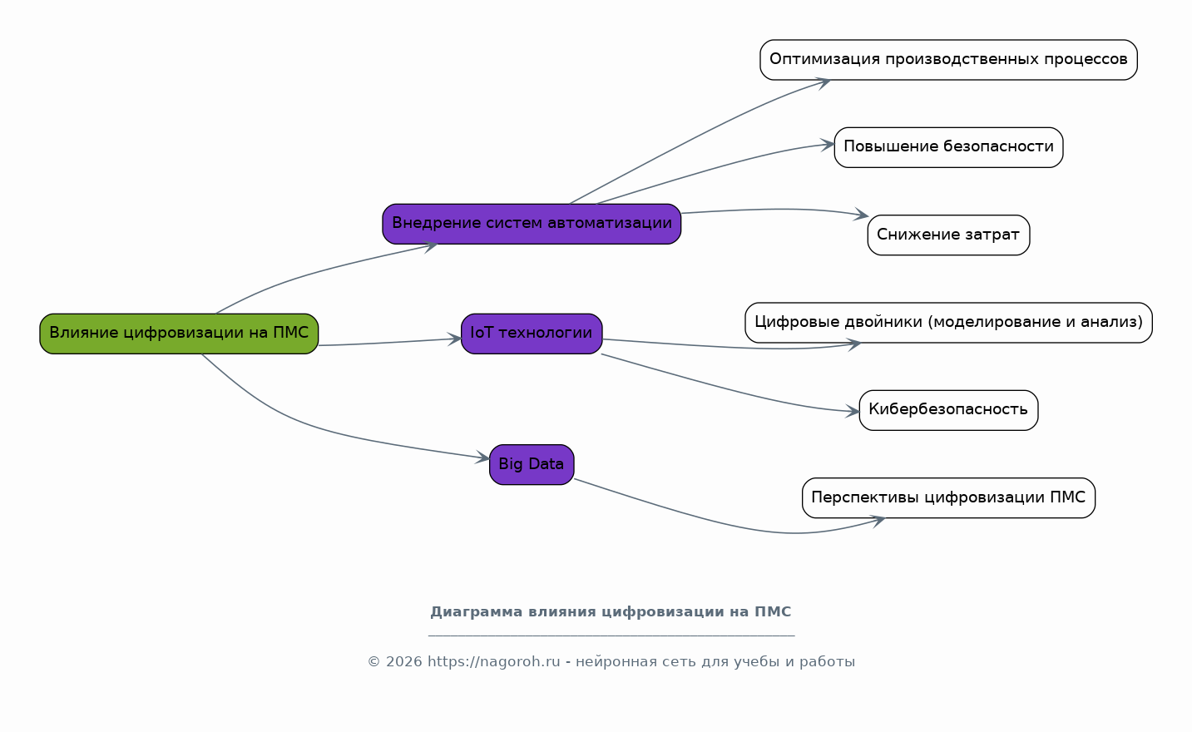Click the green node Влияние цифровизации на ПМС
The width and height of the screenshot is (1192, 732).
pyautogui.click(x=179, y=334)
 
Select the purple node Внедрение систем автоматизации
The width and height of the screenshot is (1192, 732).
pyautogui.click(x=532, y=224)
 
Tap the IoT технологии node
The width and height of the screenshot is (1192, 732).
pyautogui.click(x=532, y=334)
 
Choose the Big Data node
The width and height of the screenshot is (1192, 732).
pyautogui.click(x=532, y=464)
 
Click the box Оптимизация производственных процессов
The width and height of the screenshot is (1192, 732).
pyautogui.click(x=948, y=60)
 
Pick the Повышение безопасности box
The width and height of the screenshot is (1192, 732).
pyautogui.click(x=948, y=147)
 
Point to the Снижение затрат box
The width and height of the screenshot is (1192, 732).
pyautogui.click(x=948, y=235)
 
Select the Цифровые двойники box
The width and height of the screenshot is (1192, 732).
pyautogui.click(x=948, y=323)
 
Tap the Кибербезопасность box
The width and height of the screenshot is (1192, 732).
pyautogui.click(x=948, y=410)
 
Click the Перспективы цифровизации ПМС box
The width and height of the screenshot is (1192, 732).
pyautogui.click(x=948, y=497)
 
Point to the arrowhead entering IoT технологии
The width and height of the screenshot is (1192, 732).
pyautogui.click(x=455, y=339)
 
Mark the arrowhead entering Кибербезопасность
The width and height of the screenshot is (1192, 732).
pyautogui.click(x=853, y=411)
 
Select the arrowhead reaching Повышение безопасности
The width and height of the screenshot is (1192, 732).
pyautogui.click(x=828, y=146)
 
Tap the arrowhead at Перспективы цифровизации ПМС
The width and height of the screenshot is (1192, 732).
pyautogui.click(x=877, y=521)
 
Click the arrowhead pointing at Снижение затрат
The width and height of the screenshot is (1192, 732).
pyautogui.click(x=862, y=215)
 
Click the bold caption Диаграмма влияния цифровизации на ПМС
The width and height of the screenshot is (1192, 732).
pyautogui.click(x=611, y=612)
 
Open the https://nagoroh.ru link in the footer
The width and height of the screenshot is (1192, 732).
pyautogui.click(x=493, y=662)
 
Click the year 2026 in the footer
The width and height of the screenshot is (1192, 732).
pyautogui.click(x=403, y=662)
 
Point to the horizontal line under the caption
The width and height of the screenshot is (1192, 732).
pyautogui.click(x=611, y=636)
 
